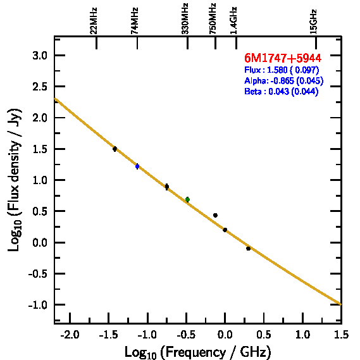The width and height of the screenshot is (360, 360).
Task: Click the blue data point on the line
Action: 137,166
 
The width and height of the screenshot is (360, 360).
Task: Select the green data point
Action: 187,199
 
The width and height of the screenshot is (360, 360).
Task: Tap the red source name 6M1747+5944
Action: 283,58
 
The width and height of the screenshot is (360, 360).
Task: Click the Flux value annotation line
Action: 282,70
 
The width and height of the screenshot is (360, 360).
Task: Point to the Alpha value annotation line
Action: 284,80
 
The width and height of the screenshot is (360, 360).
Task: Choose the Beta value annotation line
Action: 282,91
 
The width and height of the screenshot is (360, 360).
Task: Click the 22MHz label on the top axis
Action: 94,21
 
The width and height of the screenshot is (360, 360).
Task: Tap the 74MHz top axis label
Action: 135,21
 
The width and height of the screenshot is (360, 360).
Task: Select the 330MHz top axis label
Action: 185,19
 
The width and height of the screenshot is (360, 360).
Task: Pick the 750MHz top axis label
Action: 213,19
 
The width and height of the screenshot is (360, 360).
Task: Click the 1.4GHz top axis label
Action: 233,21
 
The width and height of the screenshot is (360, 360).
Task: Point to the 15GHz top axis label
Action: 313,22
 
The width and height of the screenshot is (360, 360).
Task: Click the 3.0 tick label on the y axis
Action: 40,56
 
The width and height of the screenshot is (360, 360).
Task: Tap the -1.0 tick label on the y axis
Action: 38,305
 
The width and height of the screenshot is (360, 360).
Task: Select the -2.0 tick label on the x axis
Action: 70,335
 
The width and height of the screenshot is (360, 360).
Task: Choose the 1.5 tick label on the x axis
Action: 342,335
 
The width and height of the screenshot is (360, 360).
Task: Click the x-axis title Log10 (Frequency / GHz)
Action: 197,352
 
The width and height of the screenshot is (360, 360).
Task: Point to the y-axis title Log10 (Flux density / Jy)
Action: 14,180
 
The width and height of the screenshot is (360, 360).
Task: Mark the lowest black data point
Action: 248,249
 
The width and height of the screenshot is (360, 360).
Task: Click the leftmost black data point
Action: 115,149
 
